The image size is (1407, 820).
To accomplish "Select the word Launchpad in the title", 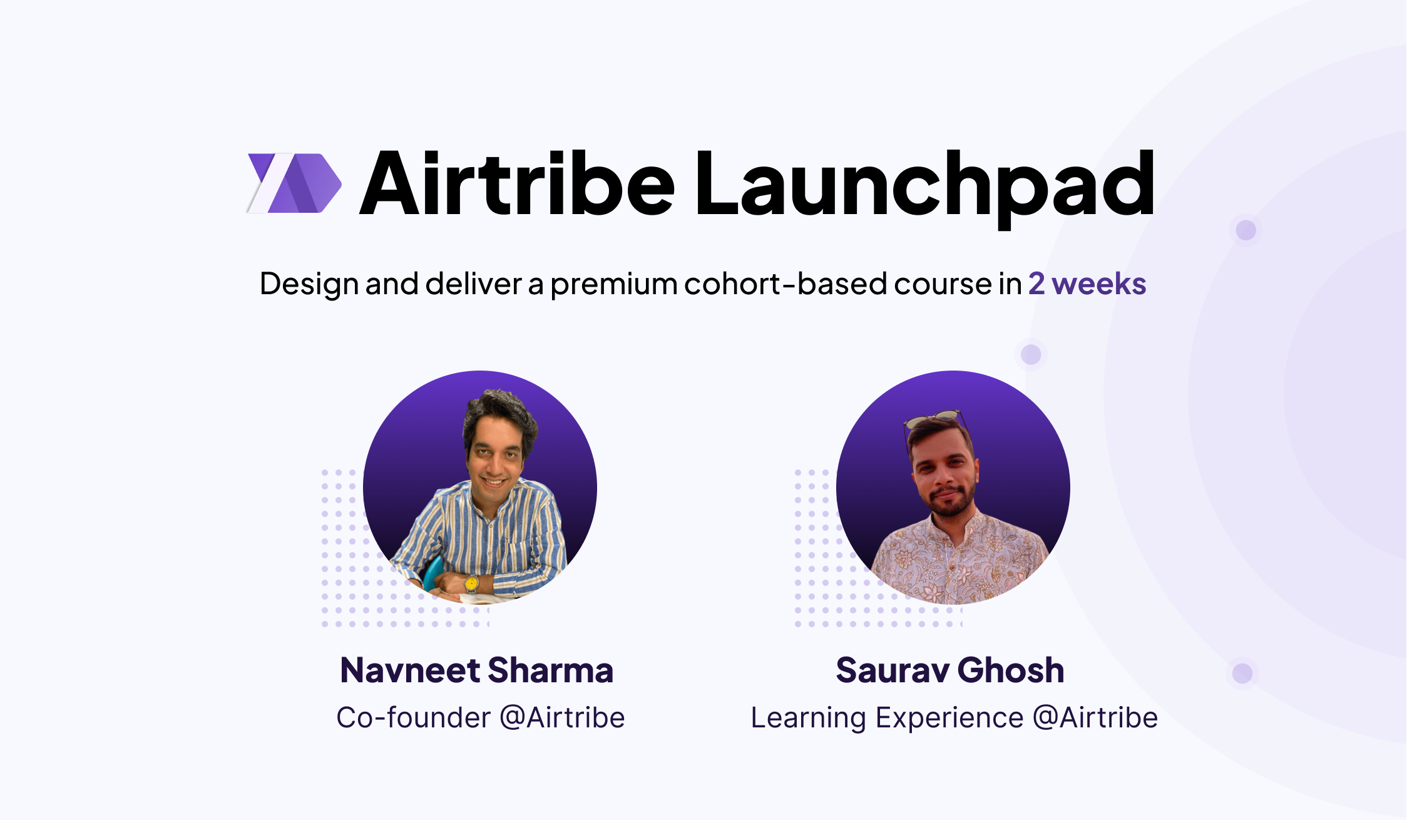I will coord(925,185).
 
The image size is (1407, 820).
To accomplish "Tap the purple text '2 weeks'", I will coord(1087,284).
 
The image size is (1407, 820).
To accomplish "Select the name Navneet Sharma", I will coord(477,670).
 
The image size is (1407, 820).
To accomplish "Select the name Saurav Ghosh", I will coord(950,670).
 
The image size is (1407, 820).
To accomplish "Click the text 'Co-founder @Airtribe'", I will coord(480,717).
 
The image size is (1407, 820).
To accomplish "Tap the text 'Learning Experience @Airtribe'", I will coord(954,717).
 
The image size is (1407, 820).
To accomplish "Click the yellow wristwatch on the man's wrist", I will coord(471,583).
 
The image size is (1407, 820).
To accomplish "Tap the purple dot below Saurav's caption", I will coord(1242,674).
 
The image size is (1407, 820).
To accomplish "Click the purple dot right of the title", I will coord(1246,230).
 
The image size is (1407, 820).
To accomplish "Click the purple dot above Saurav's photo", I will coord(1031,354).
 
